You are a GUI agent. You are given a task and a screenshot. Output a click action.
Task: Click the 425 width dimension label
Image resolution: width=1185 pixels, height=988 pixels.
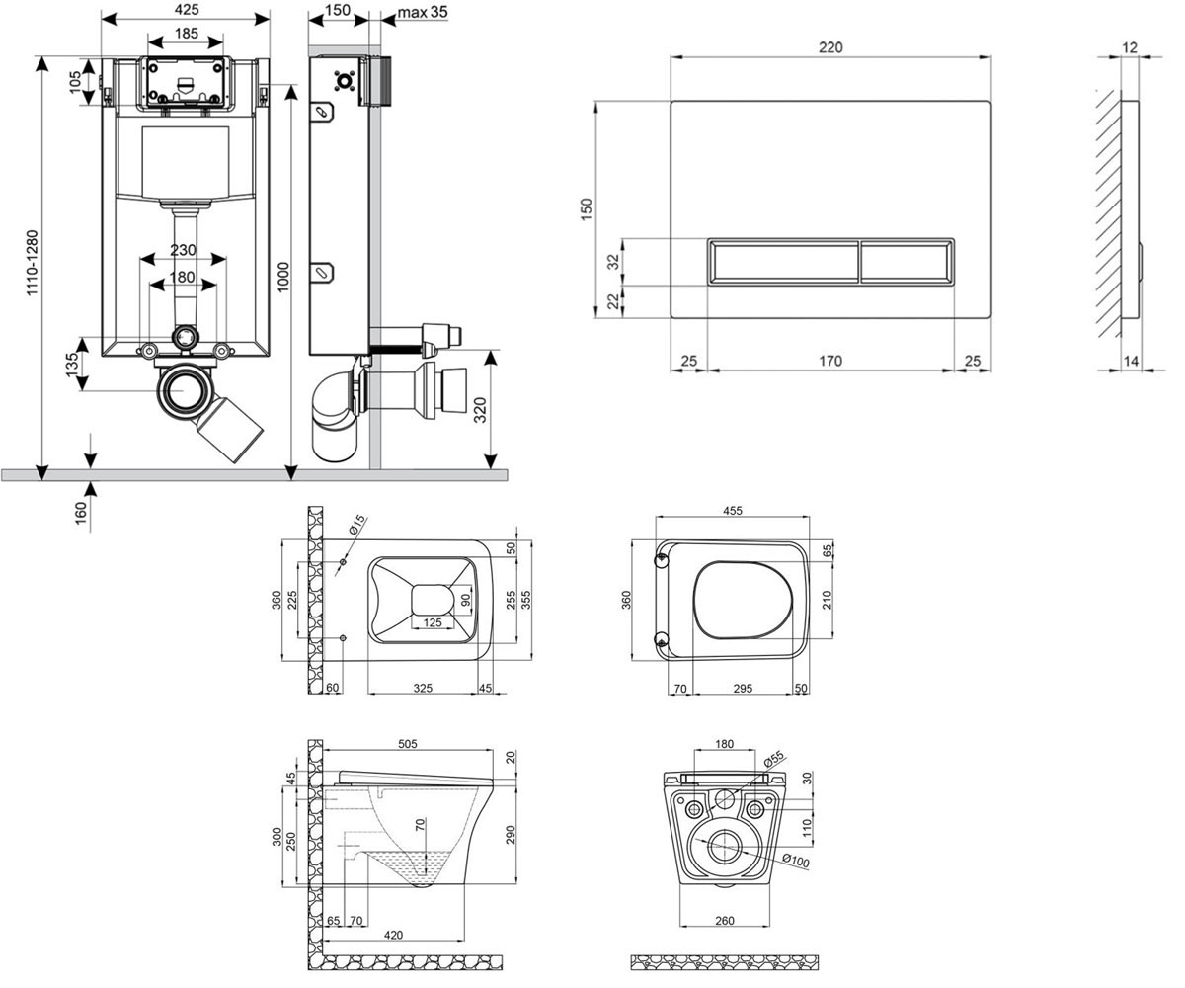[187, 9]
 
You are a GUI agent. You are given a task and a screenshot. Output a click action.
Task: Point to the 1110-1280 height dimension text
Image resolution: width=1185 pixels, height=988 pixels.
[32, 263]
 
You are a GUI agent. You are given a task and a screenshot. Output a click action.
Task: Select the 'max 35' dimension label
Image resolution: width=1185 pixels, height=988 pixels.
[423, 12]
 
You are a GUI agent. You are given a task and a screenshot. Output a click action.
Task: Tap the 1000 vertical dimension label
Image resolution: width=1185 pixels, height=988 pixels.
[283, 277]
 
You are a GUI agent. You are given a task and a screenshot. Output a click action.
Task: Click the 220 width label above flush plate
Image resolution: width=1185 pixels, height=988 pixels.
[830, 47]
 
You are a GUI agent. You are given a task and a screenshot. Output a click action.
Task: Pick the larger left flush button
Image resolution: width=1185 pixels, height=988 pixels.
[784, 261]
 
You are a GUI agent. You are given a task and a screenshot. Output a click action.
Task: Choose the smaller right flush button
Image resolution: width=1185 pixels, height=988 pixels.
[907, 261]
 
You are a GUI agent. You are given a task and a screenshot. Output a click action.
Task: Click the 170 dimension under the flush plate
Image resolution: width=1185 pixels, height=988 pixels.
[830, 361]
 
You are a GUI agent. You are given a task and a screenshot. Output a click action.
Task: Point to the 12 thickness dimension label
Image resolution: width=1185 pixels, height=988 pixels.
[1130, 47]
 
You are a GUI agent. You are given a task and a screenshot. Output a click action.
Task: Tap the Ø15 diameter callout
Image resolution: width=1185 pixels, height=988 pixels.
[357, 524]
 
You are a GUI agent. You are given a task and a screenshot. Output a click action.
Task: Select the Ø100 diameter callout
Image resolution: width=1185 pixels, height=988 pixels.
[796, 861]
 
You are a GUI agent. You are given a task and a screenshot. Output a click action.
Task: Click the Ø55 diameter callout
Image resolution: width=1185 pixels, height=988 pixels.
[773, 758]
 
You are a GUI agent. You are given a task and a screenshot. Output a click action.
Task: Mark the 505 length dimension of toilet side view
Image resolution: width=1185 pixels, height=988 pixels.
[408, 744]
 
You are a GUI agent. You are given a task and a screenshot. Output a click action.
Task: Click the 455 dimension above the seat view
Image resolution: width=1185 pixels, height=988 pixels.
[732, 511]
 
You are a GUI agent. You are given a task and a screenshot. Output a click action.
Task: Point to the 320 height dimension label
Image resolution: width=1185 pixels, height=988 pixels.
[480, 410]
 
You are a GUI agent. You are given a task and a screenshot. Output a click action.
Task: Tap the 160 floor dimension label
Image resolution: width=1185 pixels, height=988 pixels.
[81, 513]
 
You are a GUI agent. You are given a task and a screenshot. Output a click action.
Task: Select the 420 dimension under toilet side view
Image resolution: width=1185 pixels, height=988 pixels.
[393, 936]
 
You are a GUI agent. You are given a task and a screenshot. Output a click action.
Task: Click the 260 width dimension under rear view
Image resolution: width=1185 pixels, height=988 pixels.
[725, 921]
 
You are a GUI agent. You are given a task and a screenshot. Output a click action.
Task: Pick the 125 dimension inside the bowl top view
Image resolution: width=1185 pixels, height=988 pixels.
[433, 622]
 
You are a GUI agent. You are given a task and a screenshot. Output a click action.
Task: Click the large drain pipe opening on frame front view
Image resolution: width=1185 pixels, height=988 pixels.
[183, 391]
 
